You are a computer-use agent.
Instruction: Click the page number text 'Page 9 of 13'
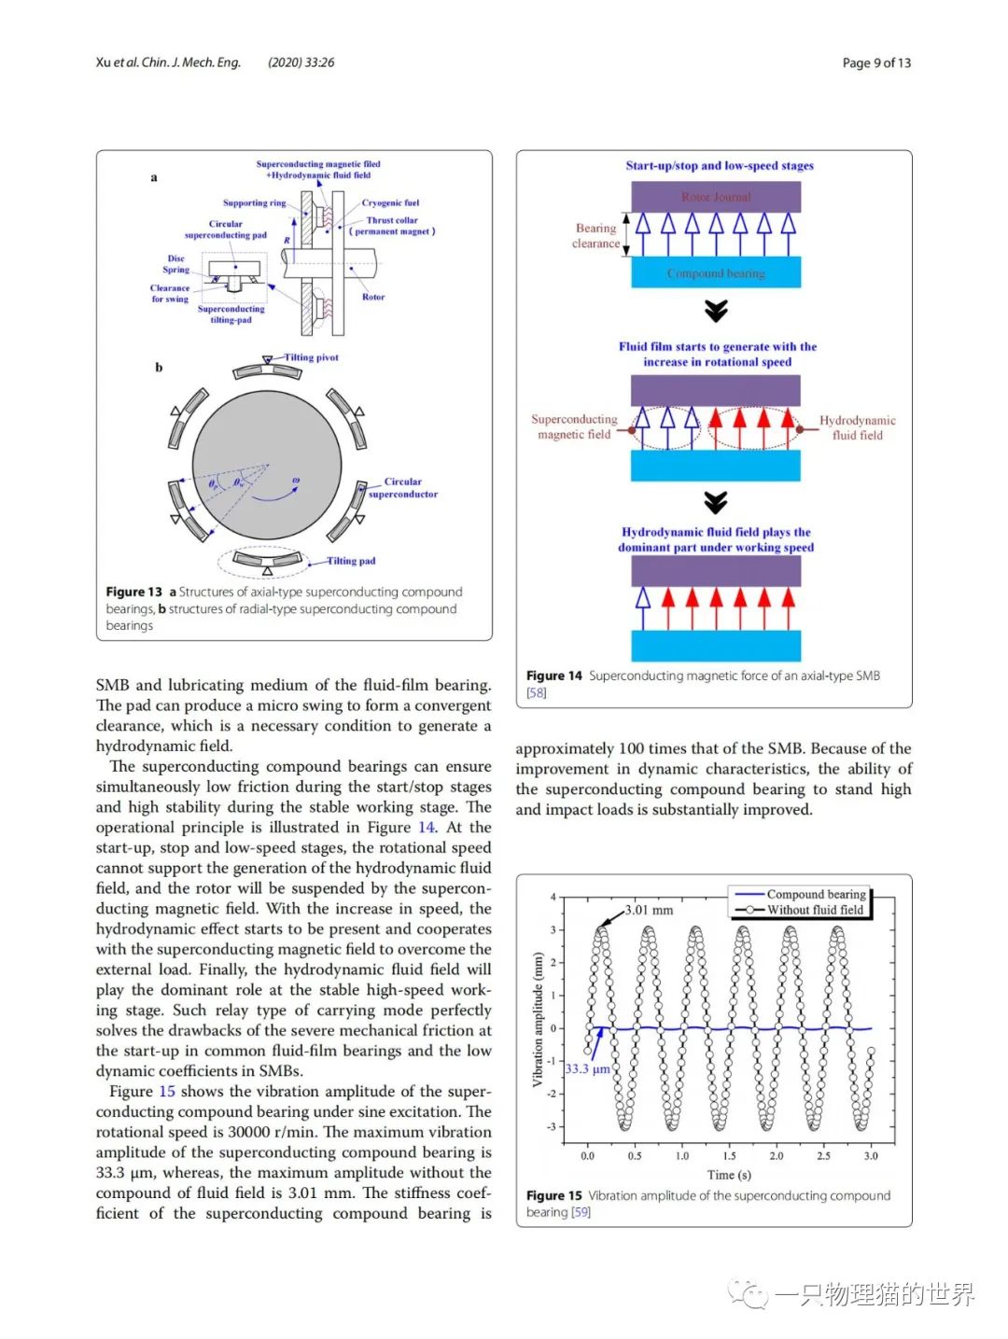pyautogui.click(x=875, y=63)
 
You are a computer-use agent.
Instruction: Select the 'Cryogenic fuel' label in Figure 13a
pyautogui.click(x=390, y=202)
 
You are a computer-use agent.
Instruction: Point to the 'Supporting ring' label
pyautogui.click(x=254, y=202)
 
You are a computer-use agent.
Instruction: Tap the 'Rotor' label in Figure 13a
pyautogui.click(x=373, y=297)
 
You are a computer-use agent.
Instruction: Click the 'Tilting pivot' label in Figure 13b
pyautogui.click(x=311, y=357)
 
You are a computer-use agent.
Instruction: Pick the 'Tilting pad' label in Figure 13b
pyautogui.click(x=351, y=561)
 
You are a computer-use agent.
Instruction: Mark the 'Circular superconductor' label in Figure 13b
pyautogui.click(x=402, y=488)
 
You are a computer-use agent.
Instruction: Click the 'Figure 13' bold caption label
pyautogui.click(x=133, y=592)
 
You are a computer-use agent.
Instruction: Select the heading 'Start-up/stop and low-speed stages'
pyautogui.click(x=720, y=166)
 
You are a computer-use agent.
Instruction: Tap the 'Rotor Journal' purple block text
pyautogui.click(x=716, y=197)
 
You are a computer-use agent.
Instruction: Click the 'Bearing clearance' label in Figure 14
pyautogui.click(x=595, y=235)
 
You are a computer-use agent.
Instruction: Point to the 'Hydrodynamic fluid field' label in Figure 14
pyautogui.click(x=857, y=427)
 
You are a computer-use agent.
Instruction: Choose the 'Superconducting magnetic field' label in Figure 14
pyautogui.click(x=574, y=426)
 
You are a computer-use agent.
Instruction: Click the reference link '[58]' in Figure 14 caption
pyautogui.click(x=537, y=692)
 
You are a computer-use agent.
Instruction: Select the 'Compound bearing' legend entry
pyautogui.click(x=816, y=894)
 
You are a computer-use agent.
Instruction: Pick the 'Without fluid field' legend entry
pyautogui.click(x=815, y=910)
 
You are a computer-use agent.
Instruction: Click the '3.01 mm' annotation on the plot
pyautogui.click(x=649, y=910)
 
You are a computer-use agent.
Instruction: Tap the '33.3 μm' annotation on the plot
pyautogui.click(x=587, y=1068)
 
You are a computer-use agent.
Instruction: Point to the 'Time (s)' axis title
pyautogui.click(x=729, y=1175)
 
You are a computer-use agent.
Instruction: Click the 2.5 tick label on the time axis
pyautogui.click(x=823, y=1156)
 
